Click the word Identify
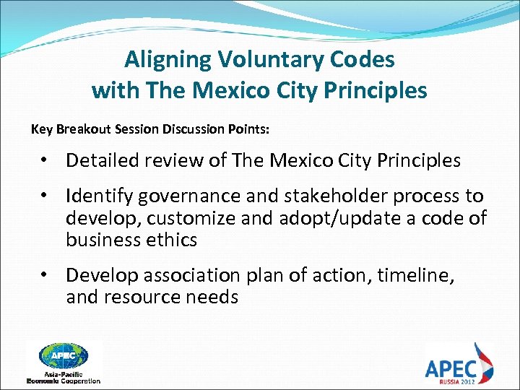pos(99,196)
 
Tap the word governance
pos(188,196)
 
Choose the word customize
pos(190,218)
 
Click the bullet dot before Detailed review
pos(45,160)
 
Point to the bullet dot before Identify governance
pos(45,196)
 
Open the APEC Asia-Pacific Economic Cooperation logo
pos(64,361)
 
